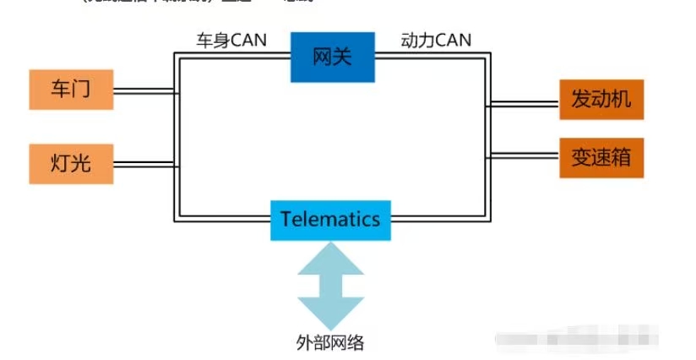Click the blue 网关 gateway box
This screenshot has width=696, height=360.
[x=332, y=57]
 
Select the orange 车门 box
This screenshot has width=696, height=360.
[x=71, y=90]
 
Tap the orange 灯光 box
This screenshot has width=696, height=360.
[x=71, y=163]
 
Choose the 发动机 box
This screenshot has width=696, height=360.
[x=601, y=100]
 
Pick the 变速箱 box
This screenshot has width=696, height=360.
[x=601, y=157]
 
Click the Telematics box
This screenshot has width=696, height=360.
[x=330, y=220]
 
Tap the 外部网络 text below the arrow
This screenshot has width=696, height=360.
[x=330, y=342]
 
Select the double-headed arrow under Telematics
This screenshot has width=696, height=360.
[x=330, y=286]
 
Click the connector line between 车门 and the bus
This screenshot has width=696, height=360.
[x=144, y=89]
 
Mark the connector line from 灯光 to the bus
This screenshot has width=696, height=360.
[x=144, y=163]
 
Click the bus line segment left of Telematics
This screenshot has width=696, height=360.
[x=224, y=219]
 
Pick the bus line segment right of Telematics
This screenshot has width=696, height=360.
[x=439, y=219]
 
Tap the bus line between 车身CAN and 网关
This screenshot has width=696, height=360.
[x=232, y=55]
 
